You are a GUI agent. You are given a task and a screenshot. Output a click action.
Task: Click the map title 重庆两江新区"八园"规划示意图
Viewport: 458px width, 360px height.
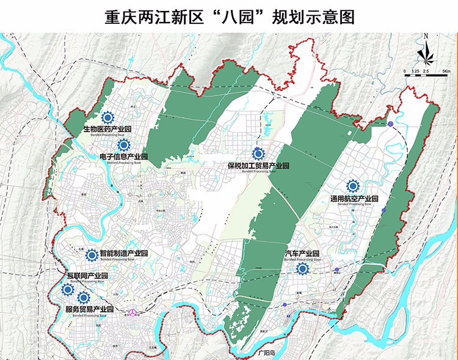pyautogui.click(x=229, y=15)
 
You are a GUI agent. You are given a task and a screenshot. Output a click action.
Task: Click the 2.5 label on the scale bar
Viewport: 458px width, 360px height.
pyautogui.click(x=426, y=72)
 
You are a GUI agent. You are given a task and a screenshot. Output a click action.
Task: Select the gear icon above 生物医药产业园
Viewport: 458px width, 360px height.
pyautogui.click(x=108, y=117)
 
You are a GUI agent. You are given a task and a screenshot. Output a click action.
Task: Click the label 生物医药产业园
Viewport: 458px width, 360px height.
pyautogui.click(x=108, y=130)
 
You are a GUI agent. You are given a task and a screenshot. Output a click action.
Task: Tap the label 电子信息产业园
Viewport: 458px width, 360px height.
pyautogui.click(x=124, y=157)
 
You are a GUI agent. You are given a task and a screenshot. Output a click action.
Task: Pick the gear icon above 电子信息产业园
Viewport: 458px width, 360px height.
pyautogui.click(x=124, y=145)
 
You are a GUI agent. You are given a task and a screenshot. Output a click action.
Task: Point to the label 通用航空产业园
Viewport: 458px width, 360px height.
pyautogui.click(x=354, y=199)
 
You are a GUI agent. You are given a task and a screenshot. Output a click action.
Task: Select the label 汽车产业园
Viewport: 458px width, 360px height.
pyautogui.click(x=302, y=253)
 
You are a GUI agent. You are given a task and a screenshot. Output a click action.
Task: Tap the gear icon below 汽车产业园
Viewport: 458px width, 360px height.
pyautogui.click(x=302, y=268)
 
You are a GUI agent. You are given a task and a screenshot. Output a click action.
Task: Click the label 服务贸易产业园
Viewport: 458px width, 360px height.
pyautogui.click(x=89, y=309)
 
